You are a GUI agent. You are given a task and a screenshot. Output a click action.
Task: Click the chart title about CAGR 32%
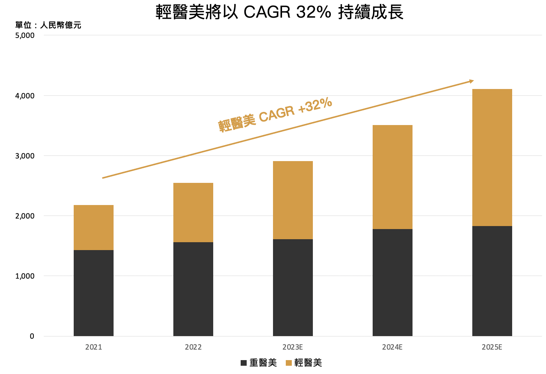coord(279,12)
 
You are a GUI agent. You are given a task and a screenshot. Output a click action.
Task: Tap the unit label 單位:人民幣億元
coord(48,25)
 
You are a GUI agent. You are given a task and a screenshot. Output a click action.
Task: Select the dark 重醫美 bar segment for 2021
coord(94,293)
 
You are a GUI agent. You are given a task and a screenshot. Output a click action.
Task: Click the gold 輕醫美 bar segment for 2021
coord(94,228)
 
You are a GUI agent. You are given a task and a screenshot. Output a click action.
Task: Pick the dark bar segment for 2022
coord(193,289)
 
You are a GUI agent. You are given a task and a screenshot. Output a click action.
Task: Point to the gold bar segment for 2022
coord(193,213)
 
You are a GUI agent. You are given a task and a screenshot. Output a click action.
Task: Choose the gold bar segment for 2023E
coord(293,200)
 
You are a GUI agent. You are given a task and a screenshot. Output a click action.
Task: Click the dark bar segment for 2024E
coord(393,282)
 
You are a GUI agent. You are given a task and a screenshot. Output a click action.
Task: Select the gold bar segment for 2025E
coord(492,157)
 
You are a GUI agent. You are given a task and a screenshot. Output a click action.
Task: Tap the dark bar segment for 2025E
coord(492,281)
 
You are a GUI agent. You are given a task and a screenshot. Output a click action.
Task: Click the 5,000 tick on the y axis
coord(25,36)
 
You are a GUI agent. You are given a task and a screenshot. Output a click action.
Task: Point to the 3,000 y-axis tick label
coord(25,156)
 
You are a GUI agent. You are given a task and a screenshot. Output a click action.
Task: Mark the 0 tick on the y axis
coord(32,336)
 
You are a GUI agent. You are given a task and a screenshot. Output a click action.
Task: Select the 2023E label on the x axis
coord(293,347)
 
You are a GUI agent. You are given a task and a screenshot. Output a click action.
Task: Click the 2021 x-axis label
coord(94,347)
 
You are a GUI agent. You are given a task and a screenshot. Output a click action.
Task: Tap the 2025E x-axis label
coord(492,347)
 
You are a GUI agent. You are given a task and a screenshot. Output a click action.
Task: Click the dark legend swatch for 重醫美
coord(244,363)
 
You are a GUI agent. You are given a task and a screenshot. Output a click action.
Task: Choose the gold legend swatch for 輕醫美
coord(289,363)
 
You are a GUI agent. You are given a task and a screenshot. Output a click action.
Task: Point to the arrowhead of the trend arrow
coord(471,81)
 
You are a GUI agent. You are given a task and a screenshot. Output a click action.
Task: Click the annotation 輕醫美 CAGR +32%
coord(275,114)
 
